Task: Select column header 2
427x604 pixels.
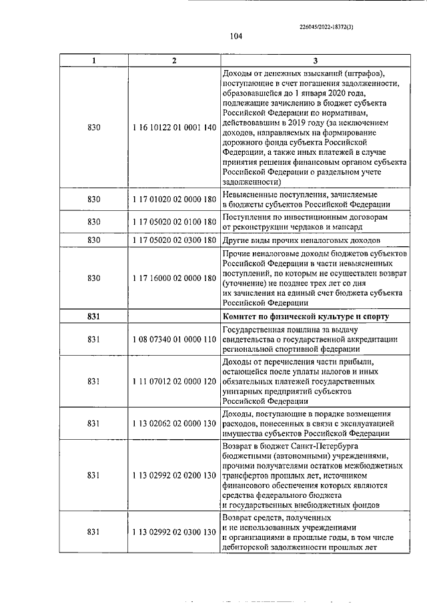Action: [174, 61]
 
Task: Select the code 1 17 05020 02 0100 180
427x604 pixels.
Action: [174, 222]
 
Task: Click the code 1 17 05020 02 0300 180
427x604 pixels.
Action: [174, 240]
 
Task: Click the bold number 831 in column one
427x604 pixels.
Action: [93, 316]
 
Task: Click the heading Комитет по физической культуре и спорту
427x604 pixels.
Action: [307, 316]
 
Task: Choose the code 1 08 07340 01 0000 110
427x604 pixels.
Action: [174, 340]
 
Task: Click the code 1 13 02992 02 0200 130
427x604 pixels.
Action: [174, 475]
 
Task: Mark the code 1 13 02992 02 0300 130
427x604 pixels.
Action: [174, 531]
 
